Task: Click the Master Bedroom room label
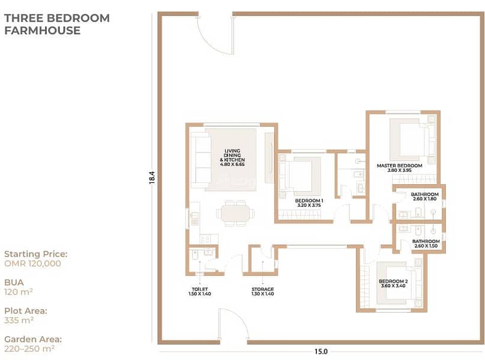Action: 399,167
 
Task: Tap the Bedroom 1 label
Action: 309,203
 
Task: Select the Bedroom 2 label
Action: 393,284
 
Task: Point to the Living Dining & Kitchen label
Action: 232,157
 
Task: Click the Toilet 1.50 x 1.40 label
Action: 200,292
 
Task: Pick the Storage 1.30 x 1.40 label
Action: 262,292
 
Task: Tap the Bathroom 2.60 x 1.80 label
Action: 425,196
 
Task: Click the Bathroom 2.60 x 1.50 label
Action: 426,244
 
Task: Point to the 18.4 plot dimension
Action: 151,178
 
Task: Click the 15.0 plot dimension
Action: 321,352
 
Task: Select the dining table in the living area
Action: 235,214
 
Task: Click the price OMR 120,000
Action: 32,263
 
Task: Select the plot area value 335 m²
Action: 19,320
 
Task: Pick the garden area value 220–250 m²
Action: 29,349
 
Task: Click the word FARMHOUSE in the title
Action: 43,31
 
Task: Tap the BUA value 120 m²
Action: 18,292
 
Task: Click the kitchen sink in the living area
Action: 194,217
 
